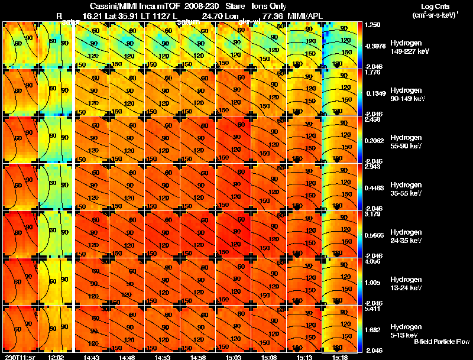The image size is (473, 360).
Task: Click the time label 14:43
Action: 92,356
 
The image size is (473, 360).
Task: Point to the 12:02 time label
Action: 56,356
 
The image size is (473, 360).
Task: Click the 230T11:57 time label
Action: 19,356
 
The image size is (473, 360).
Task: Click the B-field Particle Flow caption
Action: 440,342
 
